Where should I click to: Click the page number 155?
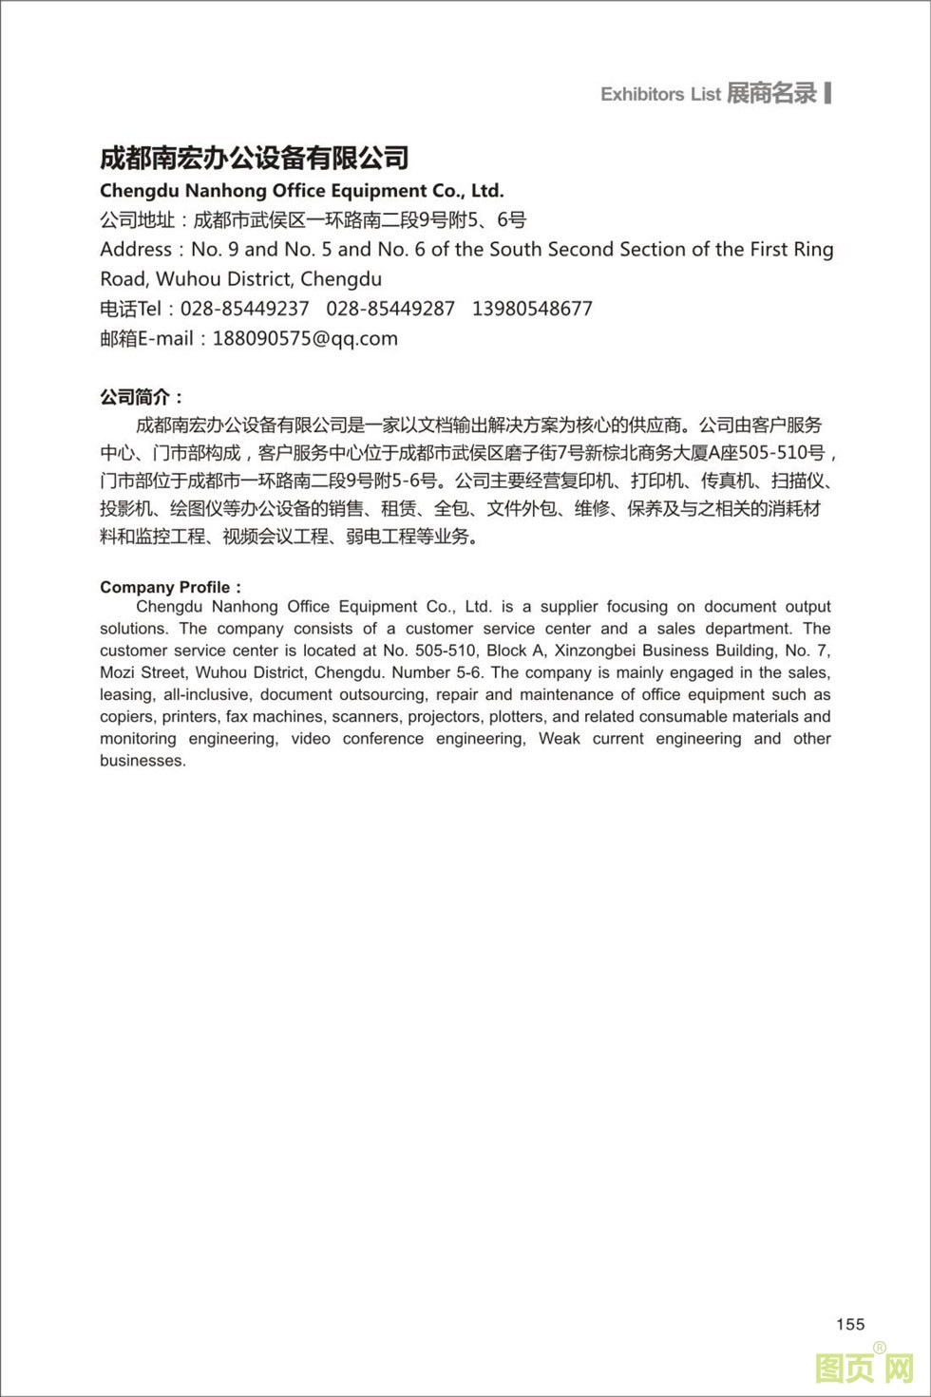[850, 1324]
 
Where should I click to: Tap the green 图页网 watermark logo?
[864, 1368]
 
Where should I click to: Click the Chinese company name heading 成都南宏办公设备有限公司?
[255, 158]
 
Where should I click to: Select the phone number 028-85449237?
[244, 309]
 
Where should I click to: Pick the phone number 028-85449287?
[390, 309]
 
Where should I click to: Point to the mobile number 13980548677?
[532, 309]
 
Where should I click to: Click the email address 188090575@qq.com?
[305, 338]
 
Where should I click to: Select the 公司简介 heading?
[142, 397]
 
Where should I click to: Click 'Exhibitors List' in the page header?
[660, 94]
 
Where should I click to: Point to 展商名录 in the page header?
[771, 93]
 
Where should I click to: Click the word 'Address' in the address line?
[136, 250]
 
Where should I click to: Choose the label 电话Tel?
[131, 309]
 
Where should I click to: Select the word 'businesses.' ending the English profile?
[142, 761]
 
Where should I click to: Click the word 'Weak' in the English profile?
[560, 739]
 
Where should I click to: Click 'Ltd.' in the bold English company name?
[487, 191]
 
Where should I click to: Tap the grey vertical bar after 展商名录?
[828, 92]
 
